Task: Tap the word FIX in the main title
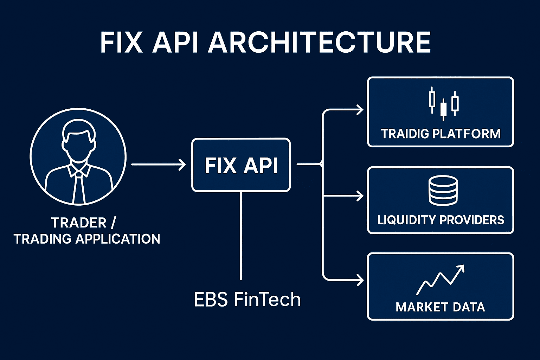point(121,43)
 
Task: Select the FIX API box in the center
point(241,165)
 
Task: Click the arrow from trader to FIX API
point(158,164)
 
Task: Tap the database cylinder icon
point(443,190)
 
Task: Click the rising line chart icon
point(441,279)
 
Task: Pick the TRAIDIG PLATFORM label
point(441,134)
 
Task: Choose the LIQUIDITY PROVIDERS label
point(441,220)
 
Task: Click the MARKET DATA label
point(440,307)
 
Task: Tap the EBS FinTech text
point(247,300)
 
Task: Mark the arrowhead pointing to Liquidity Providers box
point(360,196)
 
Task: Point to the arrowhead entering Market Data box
point(360,280)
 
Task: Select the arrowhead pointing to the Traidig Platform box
point(360,110)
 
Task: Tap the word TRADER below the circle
point(79,223)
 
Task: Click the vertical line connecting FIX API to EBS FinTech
point(241,236)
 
